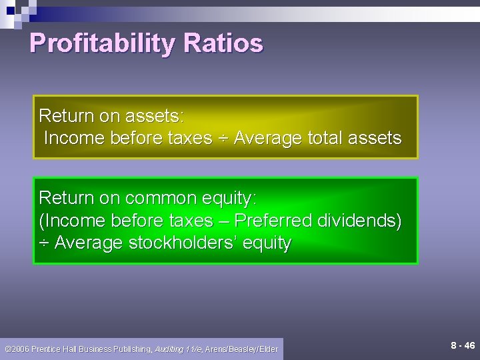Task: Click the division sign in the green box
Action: (x=44, y=243)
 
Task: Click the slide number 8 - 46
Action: (x=462, y=345)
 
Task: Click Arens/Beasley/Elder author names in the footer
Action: (x=241, y=349)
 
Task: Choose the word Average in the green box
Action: (x=87, y=243)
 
